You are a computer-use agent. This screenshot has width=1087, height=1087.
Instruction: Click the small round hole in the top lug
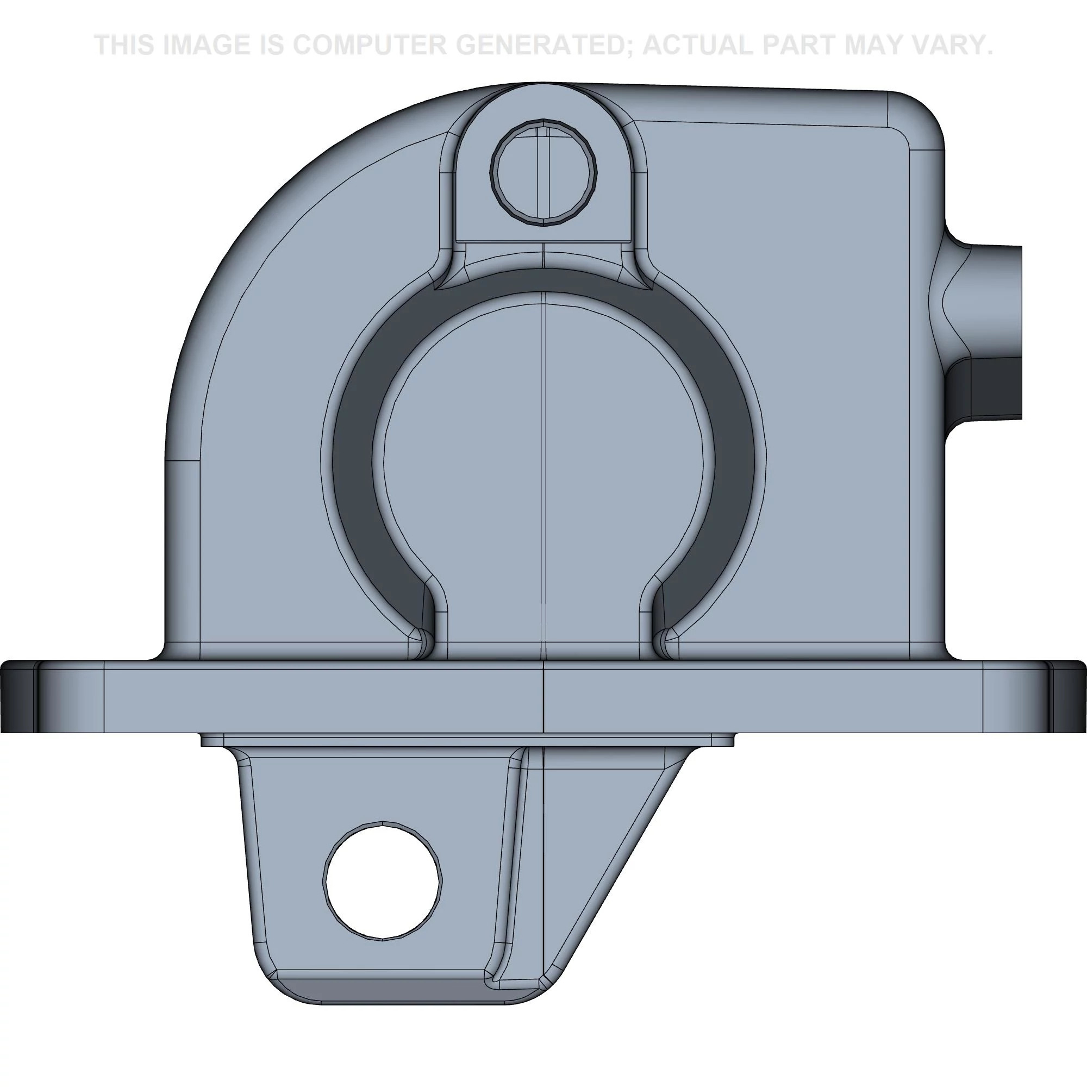point(543,172)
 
